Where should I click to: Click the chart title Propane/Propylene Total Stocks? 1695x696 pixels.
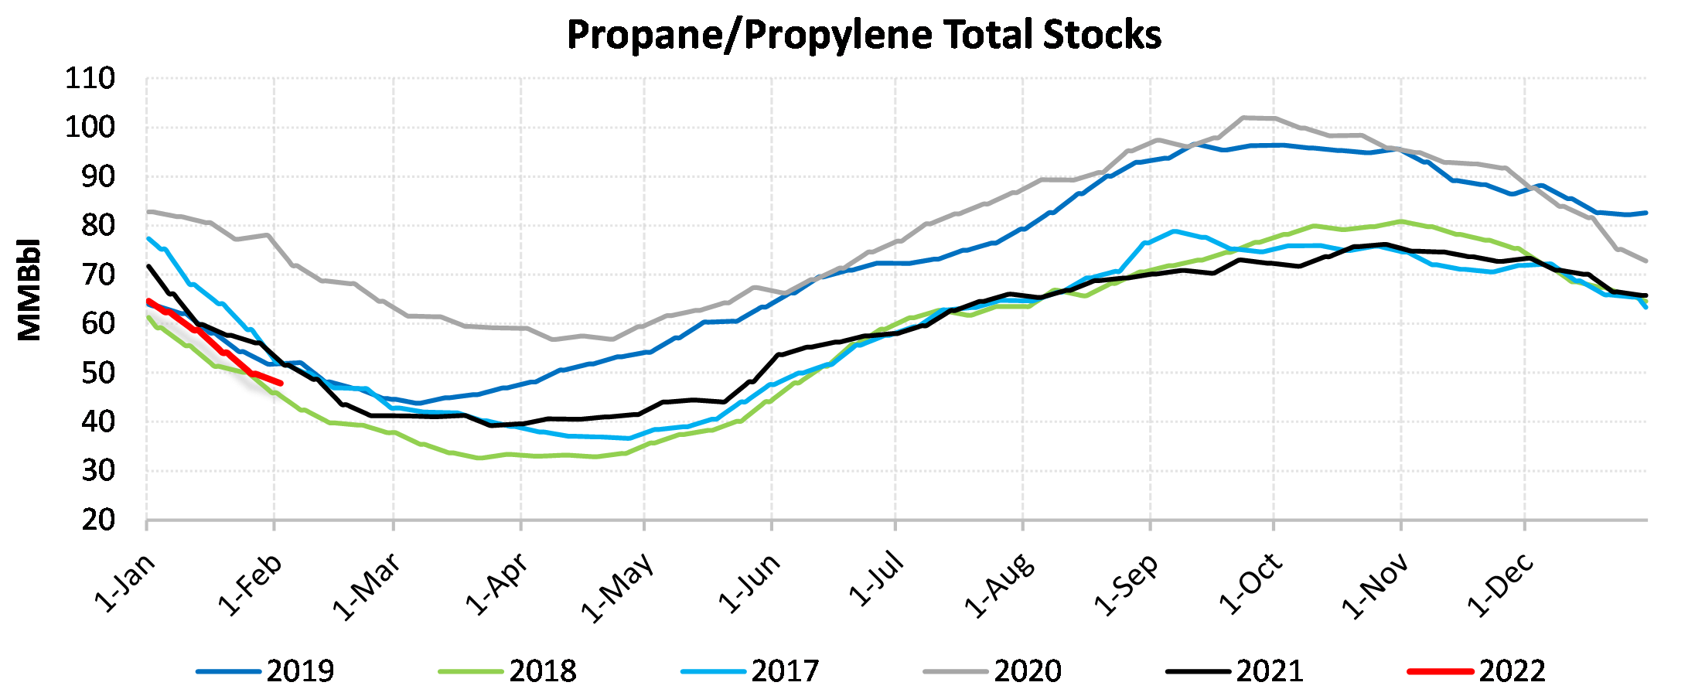864,35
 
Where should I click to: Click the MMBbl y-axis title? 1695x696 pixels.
29,289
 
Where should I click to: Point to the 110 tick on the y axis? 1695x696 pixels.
90,78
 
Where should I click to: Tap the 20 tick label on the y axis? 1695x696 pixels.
98,520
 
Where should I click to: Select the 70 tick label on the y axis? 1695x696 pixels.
98,275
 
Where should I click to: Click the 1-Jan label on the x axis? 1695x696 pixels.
125,584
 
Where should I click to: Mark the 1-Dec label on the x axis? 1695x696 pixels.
1501,585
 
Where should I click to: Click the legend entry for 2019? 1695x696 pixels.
299,671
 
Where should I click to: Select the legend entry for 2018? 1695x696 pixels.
542,671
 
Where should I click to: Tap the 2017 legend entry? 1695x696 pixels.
784,671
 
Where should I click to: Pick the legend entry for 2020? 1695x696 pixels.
1027,671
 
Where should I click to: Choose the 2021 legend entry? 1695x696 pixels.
1269,671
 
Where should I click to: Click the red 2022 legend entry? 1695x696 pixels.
1512,671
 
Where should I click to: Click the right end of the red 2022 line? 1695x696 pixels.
281,384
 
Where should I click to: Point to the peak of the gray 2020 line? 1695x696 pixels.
1244,118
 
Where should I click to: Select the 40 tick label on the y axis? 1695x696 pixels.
98,422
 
